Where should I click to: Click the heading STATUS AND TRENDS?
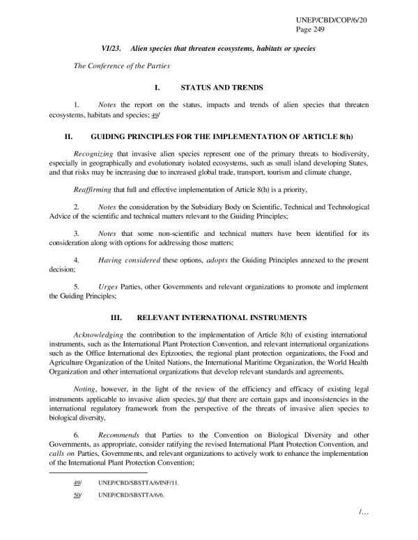pos(222,88)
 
